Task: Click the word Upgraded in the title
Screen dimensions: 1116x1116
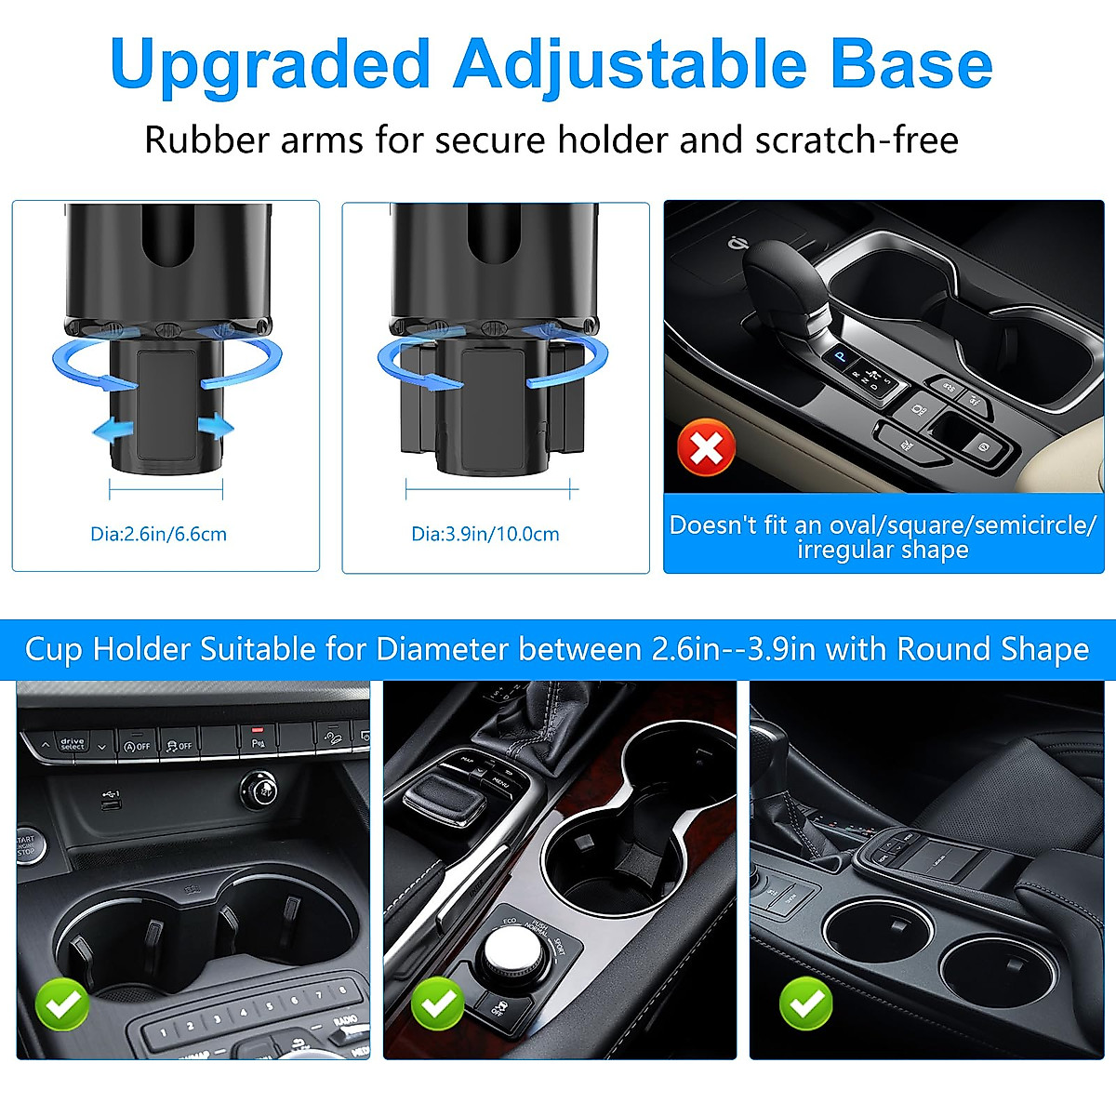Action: tap(270, 65)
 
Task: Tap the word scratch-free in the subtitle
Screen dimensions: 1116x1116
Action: tap(857, 140)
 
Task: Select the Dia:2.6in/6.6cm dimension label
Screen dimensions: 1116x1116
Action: tap(158, 534)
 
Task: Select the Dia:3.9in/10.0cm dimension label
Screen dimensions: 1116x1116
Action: tap(485, 534)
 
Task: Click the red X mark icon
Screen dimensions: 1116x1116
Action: tap(707, 448)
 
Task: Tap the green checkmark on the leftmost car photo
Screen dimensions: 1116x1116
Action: tap(62, 1003)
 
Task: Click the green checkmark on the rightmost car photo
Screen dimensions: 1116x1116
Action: tap(805, 1003)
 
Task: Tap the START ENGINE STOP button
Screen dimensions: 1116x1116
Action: tap(26, 844)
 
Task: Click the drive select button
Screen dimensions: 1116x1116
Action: tap(73, 744)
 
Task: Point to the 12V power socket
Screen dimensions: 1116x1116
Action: tap(261, 791)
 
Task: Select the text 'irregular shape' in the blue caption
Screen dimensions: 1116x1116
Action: tap(883, 550)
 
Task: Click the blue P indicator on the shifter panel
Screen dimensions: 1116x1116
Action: tap(841, 355)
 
